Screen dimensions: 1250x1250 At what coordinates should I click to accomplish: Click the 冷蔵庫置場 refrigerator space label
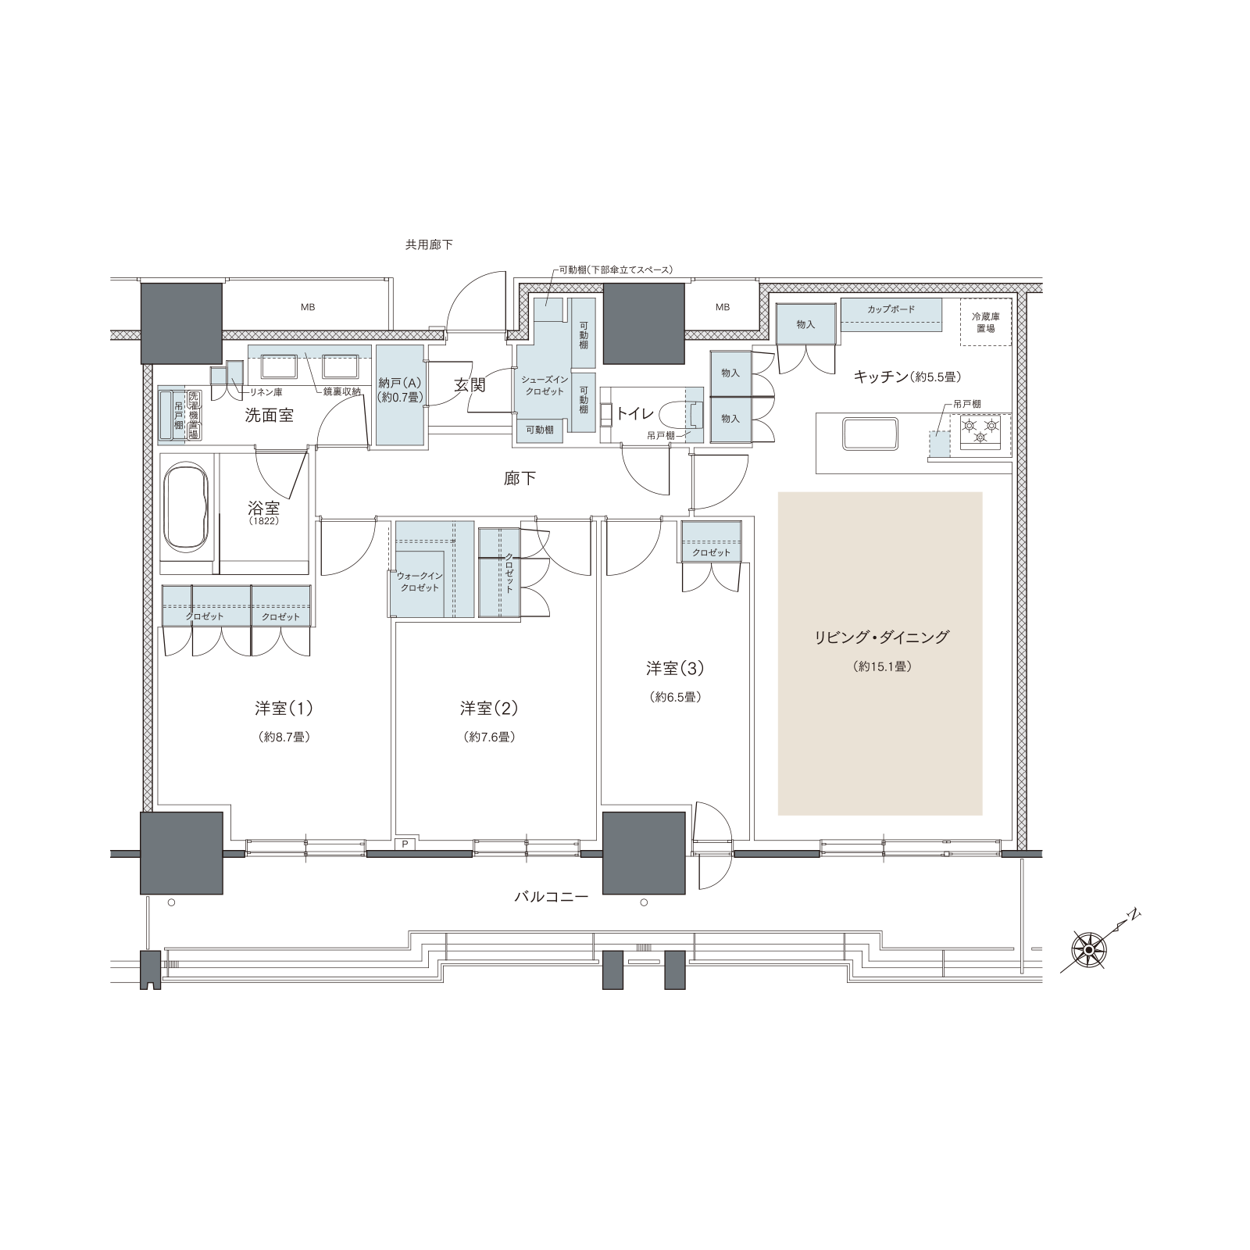pyautogui.click(x=985, y=323)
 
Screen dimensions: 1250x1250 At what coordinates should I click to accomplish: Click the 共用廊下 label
pyautogui.click(x=429, y=245)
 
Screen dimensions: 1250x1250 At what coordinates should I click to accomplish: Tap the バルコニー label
pyautogui.click(x=551, y=898)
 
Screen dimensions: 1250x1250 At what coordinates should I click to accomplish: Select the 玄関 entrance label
pyautogui.click(x=471, y=385)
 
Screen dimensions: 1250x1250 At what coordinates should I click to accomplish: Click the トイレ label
pyautogui.click(x=634, y=413)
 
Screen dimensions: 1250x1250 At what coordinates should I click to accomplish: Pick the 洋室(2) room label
pyautogui.click(x=489, y=709)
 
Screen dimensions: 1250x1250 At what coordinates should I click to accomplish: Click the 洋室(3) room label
pyautogui.click(x=675, y=668)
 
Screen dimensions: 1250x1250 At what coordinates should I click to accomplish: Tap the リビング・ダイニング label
pyautogui.click(x=881, y=637)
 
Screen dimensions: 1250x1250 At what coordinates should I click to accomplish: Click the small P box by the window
pyautogui.click(x=405, y=843)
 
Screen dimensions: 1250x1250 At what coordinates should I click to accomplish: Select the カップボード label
pyautogui.click(x=891, y=309)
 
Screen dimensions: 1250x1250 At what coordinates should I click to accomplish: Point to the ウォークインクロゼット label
pyautogui.click(x=420, y=582)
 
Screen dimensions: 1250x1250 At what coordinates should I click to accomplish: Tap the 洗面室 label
pyautogui.click(x=270, y=416)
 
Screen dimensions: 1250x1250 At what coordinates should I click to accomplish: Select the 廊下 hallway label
pyautogui.click(x=520, y=478)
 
